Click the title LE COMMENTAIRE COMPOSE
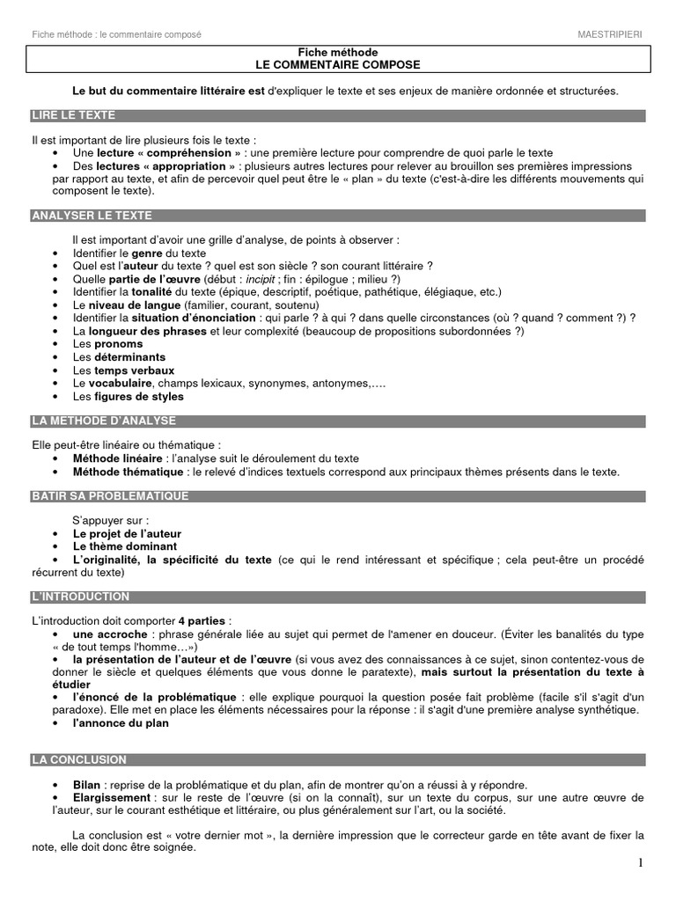pyautogui.click(x=337, y=65)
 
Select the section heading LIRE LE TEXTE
pyautogui.click(x=73, y=115)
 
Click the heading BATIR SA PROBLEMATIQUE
pyautogui.click(x=110, y=496)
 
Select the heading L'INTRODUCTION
pyautogui.click(x=80, y=597)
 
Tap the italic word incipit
pyautogui.click(x=261, y=279)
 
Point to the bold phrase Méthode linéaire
pyautogui.click(x=118, y=458)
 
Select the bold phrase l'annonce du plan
pyautogui.click(x=121, y=723)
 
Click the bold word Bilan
pyautogui.click(x=90, y=785)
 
